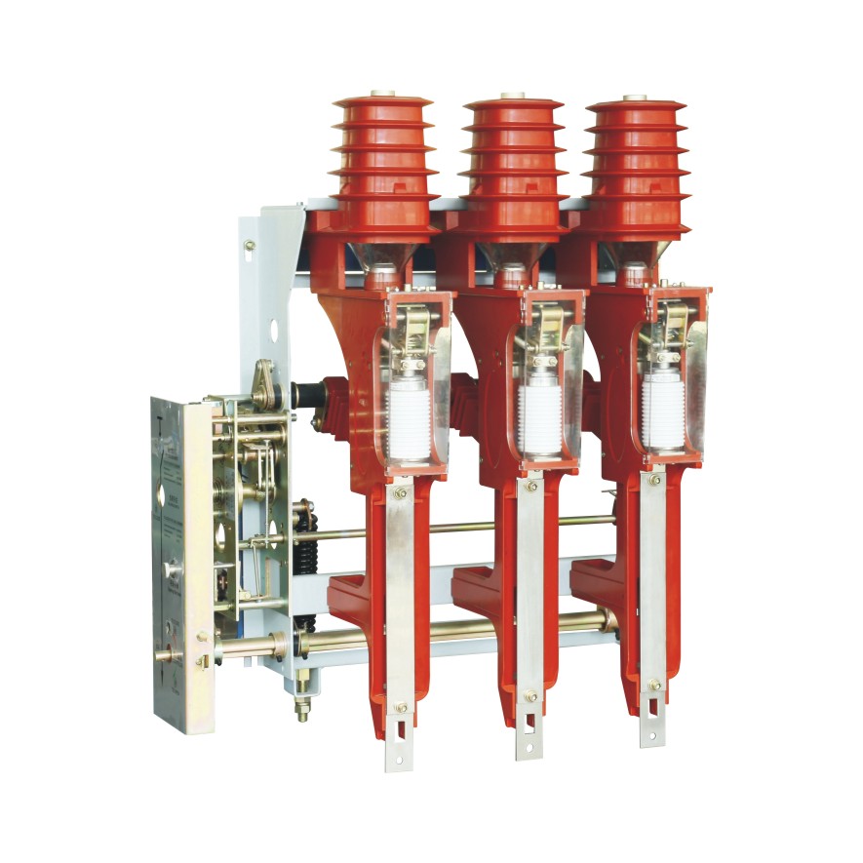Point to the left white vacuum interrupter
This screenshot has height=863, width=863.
coord(410,424)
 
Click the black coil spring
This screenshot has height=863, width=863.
coord(304,566)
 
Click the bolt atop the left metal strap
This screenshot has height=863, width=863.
coord(400,494)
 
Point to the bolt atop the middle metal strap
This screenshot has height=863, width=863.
coord(530,486)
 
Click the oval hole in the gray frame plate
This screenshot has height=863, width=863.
coord(274,331)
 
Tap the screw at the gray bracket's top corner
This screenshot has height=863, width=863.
coord(250,246)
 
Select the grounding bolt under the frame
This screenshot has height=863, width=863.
coord(302,706)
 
